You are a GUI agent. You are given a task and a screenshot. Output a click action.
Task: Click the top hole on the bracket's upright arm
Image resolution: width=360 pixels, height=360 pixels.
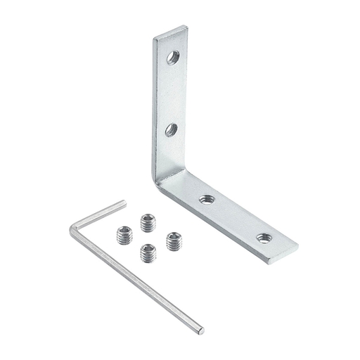(x=173, y=57)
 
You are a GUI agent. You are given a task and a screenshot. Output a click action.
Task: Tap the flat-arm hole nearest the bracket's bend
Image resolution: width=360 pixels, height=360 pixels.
(x=207, y=200)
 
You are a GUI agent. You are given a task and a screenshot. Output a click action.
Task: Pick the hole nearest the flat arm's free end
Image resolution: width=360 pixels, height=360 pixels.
(x=264, y=238)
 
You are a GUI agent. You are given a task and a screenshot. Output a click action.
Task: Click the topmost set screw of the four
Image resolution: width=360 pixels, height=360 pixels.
(x=147, y=223)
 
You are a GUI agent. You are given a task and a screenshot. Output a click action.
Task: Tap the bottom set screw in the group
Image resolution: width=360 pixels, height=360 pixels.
(x=148, y=252)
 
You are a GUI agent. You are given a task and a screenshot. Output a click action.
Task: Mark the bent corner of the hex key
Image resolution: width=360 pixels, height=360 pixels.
(x=75, y=228)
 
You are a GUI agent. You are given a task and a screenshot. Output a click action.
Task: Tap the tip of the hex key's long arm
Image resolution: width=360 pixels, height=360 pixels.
(x=201, y=330)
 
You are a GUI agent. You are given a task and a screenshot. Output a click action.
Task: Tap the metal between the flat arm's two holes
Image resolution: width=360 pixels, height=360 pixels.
(x=235, y=219)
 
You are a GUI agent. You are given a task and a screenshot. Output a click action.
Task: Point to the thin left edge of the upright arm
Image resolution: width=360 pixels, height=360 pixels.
(x=153, y=105)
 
